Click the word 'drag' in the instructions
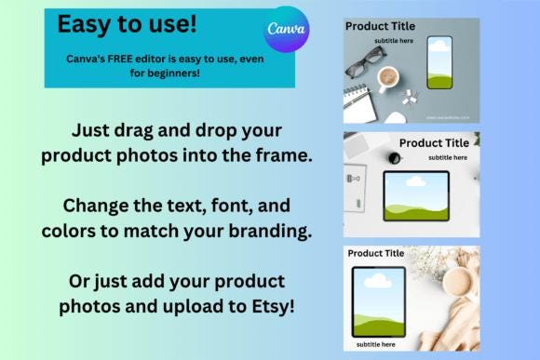[142, 130]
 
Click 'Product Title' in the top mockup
[380, 26]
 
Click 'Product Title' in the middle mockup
[434, 142]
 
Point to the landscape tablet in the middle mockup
[416, 194]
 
